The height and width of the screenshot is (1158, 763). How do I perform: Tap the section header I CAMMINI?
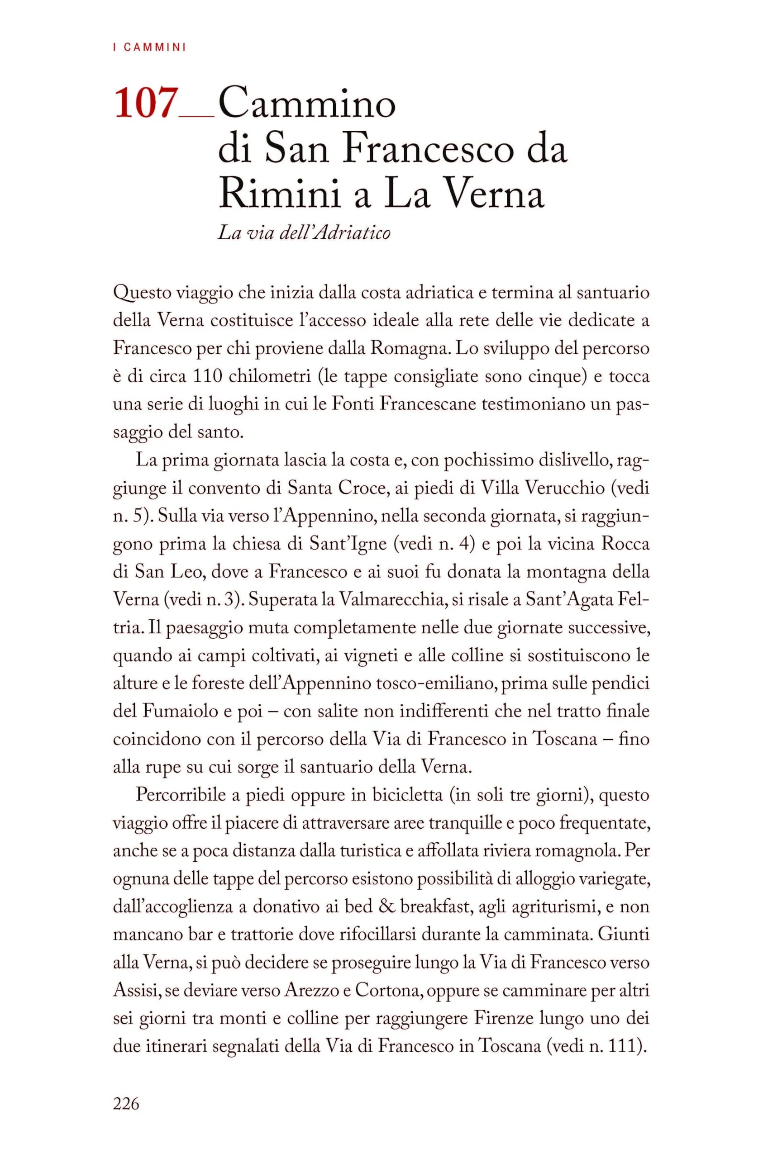[149, 47]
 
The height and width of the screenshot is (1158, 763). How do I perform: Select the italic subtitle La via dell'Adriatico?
[304, 233]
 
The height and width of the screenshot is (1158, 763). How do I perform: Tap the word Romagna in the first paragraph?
[407, 348]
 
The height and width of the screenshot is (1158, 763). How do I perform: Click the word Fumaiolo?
[180, 711]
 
